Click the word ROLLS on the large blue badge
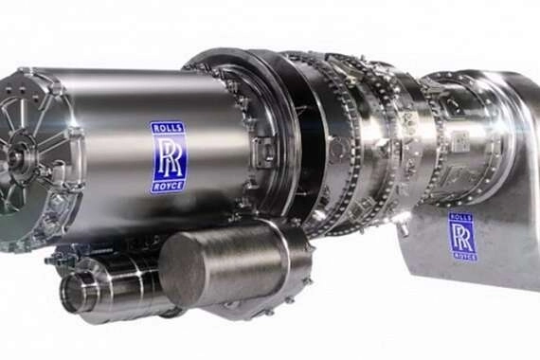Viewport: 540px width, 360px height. [168, 128]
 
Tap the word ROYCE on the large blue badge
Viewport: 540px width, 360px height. [168, 186]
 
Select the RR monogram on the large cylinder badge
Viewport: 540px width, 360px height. [168, 157]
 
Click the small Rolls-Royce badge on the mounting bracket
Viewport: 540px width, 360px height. [462, 236]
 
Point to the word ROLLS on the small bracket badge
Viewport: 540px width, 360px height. [461, 217]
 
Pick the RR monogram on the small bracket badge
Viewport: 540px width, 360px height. [462, 237]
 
